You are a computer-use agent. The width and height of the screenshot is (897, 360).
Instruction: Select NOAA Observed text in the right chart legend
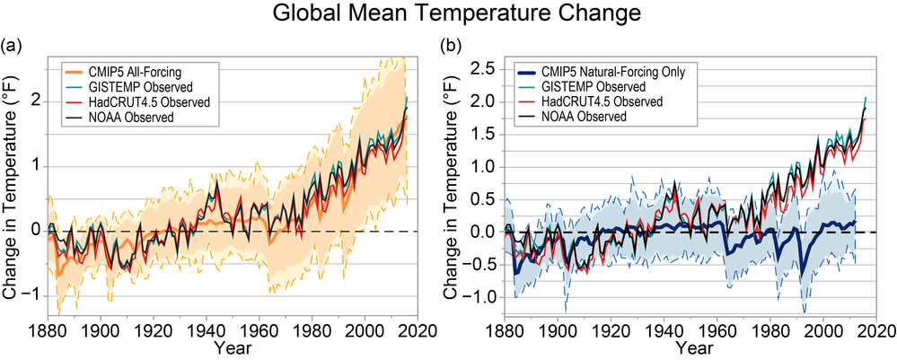pos(589,118)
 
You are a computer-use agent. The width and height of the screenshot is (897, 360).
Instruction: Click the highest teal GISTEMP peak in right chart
pos(866,98)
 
